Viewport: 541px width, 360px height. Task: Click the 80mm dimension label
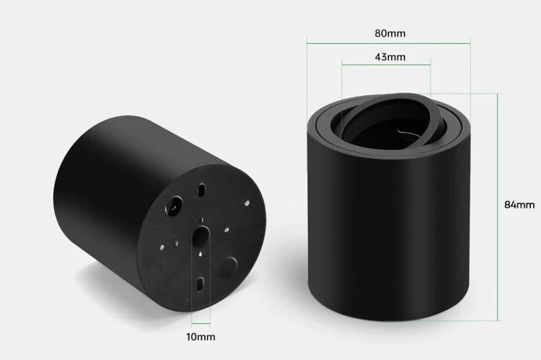tap(390, 33)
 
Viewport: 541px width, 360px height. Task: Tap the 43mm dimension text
tap(390, 57)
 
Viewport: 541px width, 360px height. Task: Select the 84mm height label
tap(519, 205)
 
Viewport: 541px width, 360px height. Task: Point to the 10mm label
tap(201, 337)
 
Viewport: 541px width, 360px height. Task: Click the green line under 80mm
tap(389, 43)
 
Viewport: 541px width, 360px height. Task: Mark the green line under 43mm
tap(386, 64)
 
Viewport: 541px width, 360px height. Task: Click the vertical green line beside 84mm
tap(497, 207)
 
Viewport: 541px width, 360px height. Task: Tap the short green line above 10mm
tap(201, 324)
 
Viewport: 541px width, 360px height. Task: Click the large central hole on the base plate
tap(201, 237)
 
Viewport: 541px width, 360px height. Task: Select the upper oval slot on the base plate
tap(201, 190)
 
